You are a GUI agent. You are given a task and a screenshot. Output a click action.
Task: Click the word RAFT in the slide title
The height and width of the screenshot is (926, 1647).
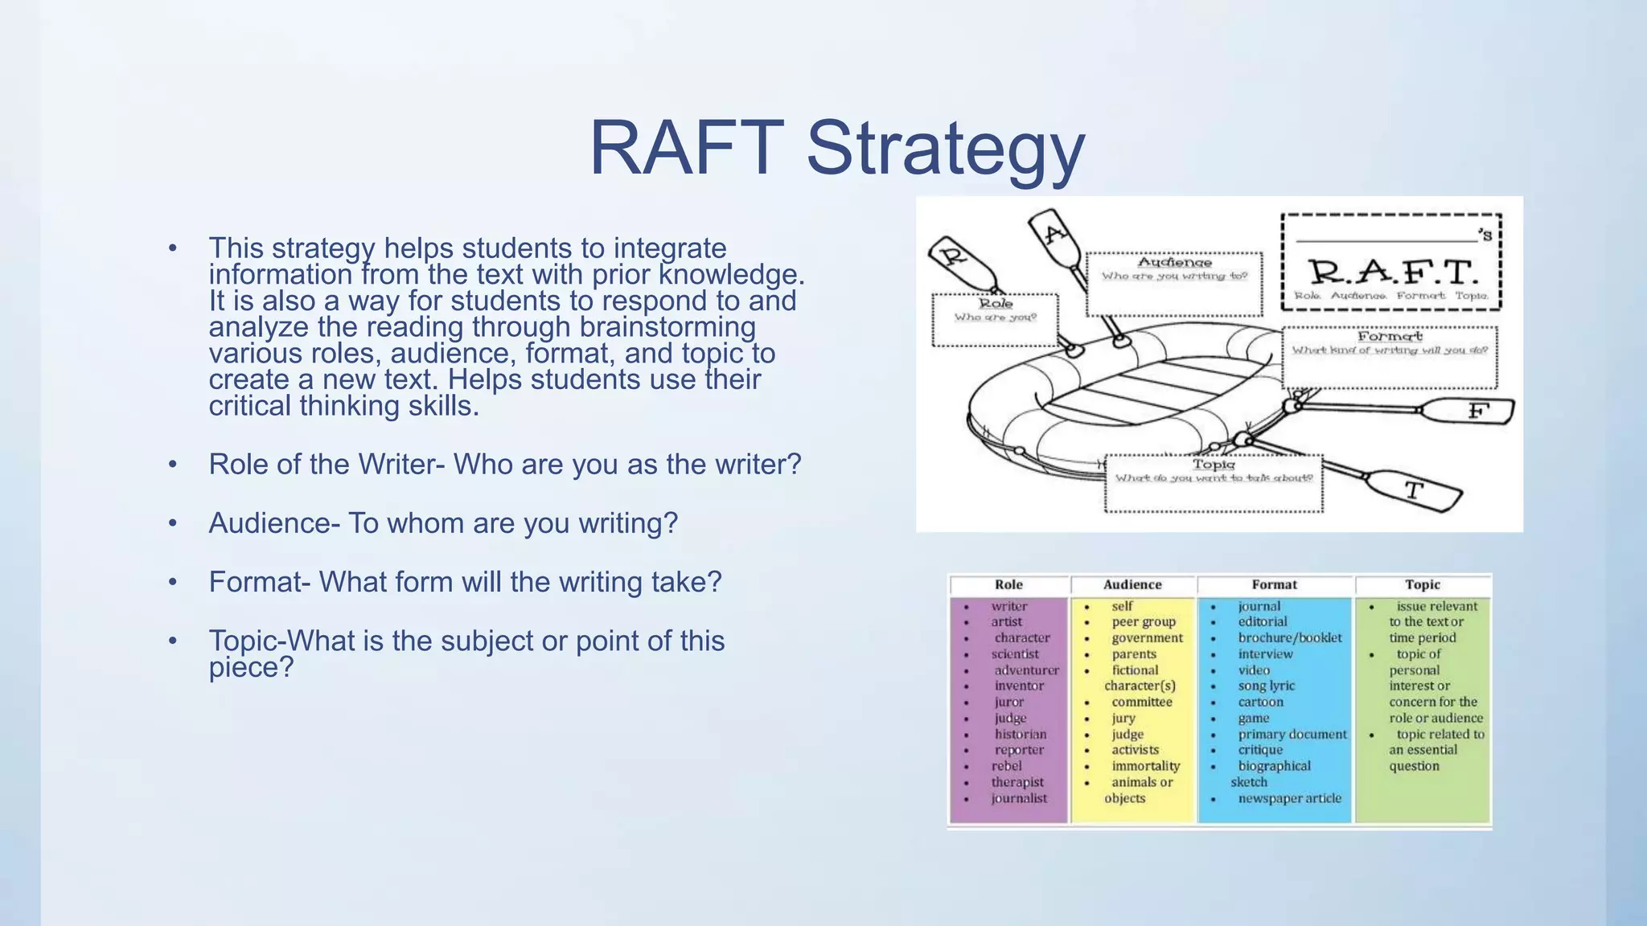(x=686, y=149)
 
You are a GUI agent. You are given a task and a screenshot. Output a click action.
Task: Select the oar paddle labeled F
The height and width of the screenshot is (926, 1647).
(x=1477, y=412)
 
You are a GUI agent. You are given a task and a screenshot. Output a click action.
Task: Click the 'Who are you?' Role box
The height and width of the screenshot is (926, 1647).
(x=995, y=320)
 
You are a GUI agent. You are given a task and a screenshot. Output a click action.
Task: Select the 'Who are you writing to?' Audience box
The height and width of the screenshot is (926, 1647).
(x=1173, y=284)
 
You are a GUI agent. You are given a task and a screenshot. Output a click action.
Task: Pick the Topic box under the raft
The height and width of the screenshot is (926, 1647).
(x=1213, y=482)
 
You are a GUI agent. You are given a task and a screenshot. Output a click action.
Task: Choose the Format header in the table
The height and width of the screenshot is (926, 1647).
(x=1274, y=584)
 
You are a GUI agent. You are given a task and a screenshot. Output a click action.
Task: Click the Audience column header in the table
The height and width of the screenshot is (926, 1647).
(x=1132, y=584)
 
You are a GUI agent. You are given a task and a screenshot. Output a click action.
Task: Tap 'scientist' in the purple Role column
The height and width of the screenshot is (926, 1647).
(x=1015, y=654)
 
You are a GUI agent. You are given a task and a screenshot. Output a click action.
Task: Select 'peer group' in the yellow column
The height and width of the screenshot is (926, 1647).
(x=1143, y=621)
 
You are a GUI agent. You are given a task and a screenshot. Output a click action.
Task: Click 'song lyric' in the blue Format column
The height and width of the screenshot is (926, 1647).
(x=1266, y=686)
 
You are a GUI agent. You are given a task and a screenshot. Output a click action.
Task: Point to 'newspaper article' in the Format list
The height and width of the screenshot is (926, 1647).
(x=1289, y=798)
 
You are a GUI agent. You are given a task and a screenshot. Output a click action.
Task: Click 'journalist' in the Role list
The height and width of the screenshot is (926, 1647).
(x=1019, y=798)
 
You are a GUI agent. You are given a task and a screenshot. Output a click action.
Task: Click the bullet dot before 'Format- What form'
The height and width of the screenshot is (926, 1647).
(x=172, y=582)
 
